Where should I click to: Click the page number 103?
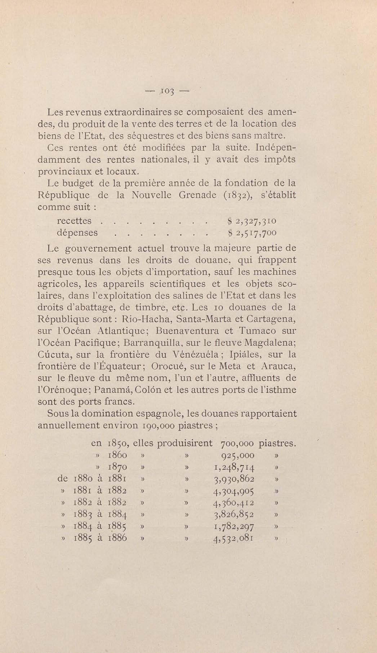click(167, 91)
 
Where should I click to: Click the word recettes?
click(74, 221)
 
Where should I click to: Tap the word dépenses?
click(77, 233)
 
